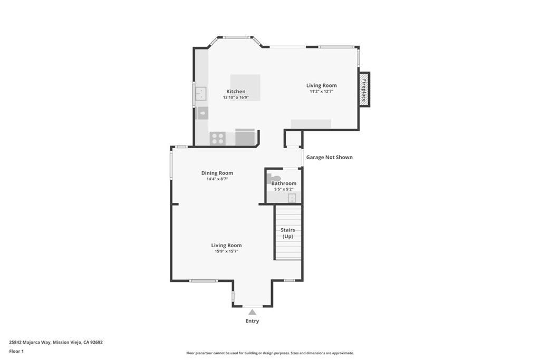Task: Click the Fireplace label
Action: tap(364, 90)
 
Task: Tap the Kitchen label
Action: tap(236, 92)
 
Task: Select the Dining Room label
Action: tap(217, 173)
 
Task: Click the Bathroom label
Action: tap(284, 183)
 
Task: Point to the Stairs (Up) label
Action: tap(288, 233)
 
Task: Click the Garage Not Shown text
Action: tap(330, 157)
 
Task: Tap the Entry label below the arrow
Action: tap(252, 321)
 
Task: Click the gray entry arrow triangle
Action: tap(253, 312)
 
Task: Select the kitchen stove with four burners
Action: tap(218, 139)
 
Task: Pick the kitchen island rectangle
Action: tap(245, 87)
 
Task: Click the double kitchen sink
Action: tap(201, 94)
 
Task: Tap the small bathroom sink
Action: tap(292, 198)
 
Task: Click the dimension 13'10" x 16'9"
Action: tap(236, 98)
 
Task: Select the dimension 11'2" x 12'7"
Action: tap(322, 92)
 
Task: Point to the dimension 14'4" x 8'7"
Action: tap(217, 179)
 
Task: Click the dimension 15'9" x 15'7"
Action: tap(227, 251)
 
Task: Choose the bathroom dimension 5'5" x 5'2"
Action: tap(284, 189)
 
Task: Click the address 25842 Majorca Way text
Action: tap(30, 343)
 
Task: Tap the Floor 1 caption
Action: tap(16, 352)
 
